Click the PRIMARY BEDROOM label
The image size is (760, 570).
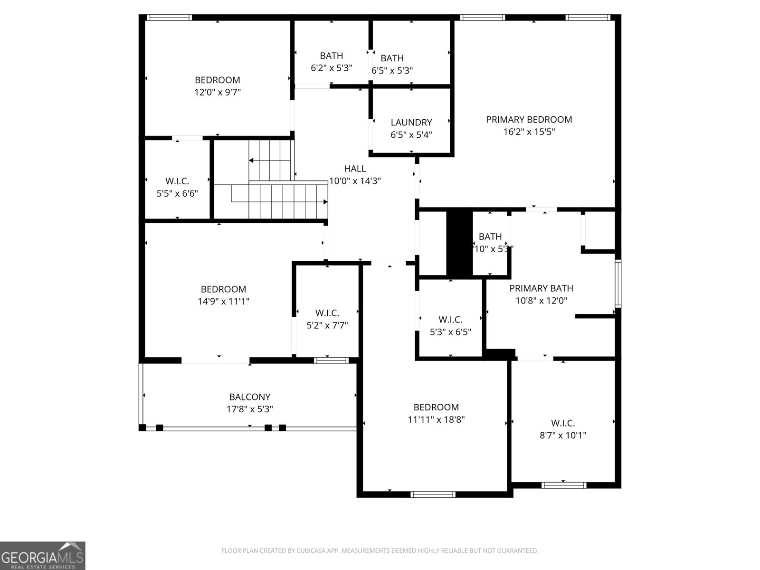pos(529,120)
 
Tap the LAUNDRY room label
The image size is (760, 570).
pos(411,123)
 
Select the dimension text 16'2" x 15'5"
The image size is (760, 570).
pos(529,132)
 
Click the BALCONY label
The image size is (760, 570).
pos(250,397)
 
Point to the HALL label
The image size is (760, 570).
pos(355,169)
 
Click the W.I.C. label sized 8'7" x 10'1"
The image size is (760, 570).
pos(563,423)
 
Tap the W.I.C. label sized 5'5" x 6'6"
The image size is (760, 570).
pos(177,181)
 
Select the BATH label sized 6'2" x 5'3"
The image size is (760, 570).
pos(332,56)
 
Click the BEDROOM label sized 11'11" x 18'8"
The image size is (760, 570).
pos(436,408)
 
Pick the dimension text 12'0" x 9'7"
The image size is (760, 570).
pos(218,92)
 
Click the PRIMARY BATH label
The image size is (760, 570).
pos(541,288)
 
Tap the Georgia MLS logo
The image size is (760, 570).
pos(43,555)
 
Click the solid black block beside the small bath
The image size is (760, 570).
pos(459,243)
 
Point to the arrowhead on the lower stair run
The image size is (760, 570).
pos(325,202)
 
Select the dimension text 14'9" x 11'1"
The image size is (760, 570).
pos(223,301)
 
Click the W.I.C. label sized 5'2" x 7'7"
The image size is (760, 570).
pos(327,313)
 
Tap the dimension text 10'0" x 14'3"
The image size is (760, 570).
pos(355,181)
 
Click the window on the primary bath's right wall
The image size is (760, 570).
pos(617,284)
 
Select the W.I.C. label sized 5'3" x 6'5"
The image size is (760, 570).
pos(450,320)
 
